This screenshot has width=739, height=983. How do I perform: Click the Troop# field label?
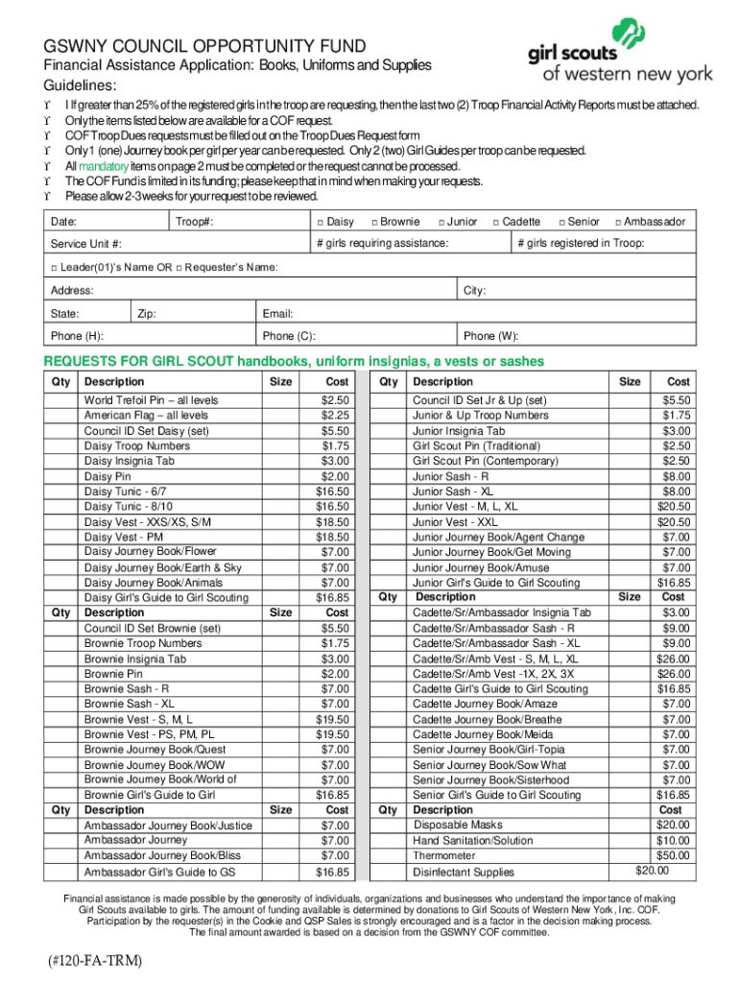click(194, 222)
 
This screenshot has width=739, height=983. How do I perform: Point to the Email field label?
click(277, 314)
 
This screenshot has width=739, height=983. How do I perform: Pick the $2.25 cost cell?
click(336, 416)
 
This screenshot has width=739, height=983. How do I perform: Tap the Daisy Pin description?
click(108, 476)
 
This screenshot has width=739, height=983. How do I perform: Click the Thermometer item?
click(443, 855)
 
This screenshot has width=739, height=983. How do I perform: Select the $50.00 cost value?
click(672, 855)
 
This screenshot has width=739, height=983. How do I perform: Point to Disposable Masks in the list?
click(458, 825)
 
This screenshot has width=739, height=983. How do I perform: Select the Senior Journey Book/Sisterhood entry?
click(490, 780)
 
